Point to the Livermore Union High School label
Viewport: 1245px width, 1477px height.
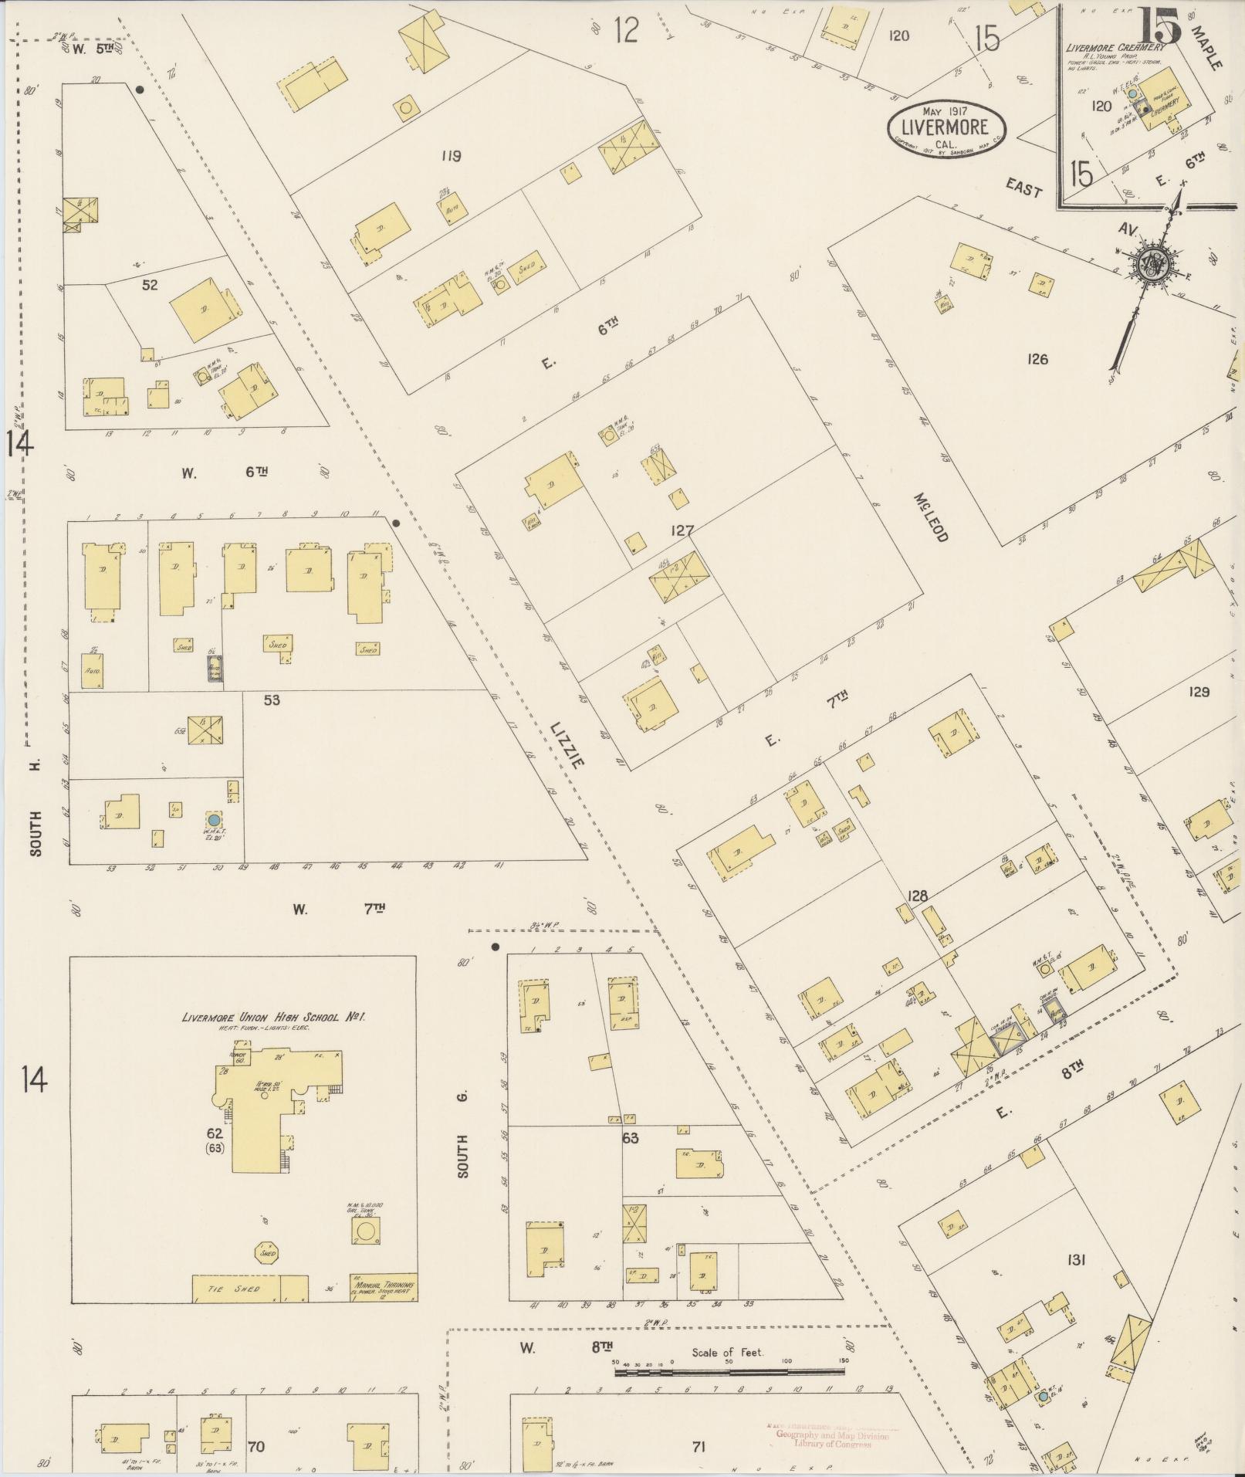pyautogui.click(x=273, y=1017)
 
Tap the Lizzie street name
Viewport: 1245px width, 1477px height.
pyautogui.click(x=567, y=744)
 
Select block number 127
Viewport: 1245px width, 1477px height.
pyautogui.click(x=682, y=530)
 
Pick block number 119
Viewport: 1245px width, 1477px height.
pyautogui.click(x=451, y=157)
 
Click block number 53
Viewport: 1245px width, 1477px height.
pyautogui.click(x=271, y=700)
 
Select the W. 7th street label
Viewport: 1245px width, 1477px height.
pyautogui.click(x=338, y=909)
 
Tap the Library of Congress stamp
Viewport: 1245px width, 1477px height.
pyautogui.click(x=831, y=1436)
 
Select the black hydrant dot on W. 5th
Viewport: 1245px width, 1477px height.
pyautogui.click(x=140, y=90)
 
